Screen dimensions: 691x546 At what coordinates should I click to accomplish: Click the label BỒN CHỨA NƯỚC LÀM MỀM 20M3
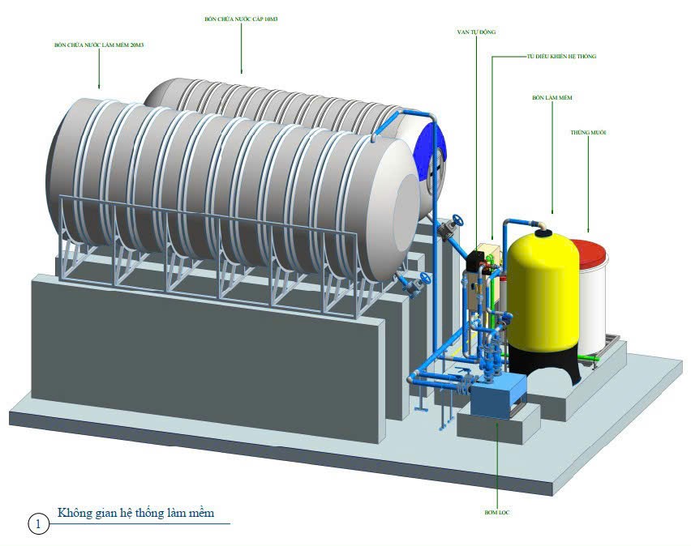pos(99,45)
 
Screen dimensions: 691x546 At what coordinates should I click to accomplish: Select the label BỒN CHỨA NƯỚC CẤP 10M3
pos(241,17)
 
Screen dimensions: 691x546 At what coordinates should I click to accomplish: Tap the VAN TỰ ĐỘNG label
pos(476,32)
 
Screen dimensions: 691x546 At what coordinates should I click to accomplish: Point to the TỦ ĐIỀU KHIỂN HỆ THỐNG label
pos(561,58)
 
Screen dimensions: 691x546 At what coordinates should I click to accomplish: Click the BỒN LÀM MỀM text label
pos(552,97)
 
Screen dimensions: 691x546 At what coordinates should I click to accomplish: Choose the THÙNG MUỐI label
pos(588,132)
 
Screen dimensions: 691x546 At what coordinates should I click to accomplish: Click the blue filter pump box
pos(498,399)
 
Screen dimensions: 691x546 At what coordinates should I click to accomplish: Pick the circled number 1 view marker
pos(37,524)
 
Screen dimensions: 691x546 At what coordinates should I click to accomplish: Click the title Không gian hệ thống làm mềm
pos(135,513)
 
